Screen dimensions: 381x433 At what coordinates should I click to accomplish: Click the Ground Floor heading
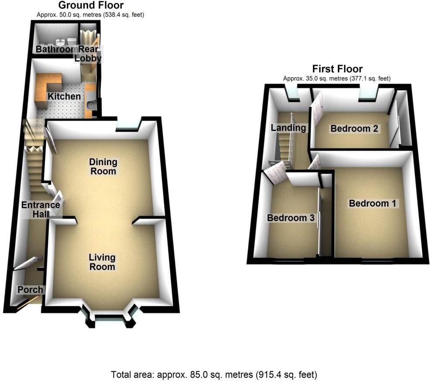[x=90, y=6]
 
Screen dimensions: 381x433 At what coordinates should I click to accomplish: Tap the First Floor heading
[x=337, y=69]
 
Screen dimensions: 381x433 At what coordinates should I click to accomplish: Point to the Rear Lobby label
[x=89, y=54]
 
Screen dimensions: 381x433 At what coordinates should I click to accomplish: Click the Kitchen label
[x=64, y=96]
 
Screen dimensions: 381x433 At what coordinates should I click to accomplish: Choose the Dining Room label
[x=103, y=166]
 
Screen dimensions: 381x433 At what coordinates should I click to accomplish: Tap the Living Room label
[x=103, y=262]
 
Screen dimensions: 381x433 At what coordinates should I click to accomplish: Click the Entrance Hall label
[x=41, y=210]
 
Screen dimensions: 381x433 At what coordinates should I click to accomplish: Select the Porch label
[x=30, y=289]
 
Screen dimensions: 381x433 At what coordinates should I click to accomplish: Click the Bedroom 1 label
[x=372, y=203]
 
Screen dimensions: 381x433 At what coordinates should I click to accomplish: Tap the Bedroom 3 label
[x=291, y=218]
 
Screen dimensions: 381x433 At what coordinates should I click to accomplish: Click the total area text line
[x=214, y=374]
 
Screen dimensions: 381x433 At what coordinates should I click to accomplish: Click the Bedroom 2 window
[x=369, y=94]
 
